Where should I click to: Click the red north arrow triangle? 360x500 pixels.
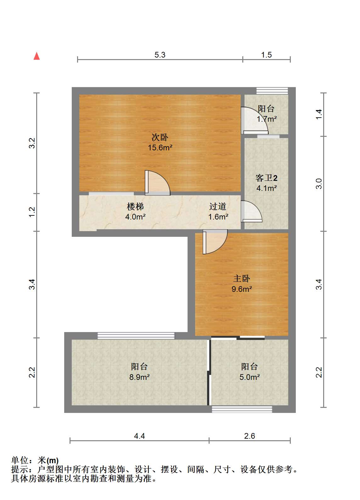tap(37, 56)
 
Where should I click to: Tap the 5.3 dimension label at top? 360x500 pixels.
tap(160, 55)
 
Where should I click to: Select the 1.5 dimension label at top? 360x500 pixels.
tap(267, 55)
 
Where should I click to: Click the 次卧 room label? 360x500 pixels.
tap(160, 137)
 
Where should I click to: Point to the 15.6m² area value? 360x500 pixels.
tap(160, 147)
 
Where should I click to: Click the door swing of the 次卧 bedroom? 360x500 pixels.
tap(157, 183)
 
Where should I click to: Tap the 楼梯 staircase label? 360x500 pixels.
tap(135, 207)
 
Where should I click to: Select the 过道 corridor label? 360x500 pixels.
tap(218, 207)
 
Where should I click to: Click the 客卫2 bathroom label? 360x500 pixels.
tap(267, 178)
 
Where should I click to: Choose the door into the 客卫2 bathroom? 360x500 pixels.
tap(251, 211)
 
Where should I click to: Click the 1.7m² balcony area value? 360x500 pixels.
tap(267, 119)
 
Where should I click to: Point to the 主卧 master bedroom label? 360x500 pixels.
tap(242, 279)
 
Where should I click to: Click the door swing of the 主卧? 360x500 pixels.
tap(215, 242)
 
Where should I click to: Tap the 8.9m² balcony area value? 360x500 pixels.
tap(139, 377)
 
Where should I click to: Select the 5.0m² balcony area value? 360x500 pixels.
tap(250, 377)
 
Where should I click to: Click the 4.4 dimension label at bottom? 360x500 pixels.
tap(139, 436)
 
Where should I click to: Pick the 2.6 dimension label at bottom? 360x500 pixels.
tap(250, 436)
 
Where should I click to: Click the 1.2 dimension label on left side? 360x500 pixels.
tap(32, 212)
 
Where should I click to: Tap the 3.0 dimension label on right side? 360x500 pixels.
tap(319, 184)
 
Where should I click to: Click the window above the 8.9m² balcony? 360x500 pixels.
tap(136, 336)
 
